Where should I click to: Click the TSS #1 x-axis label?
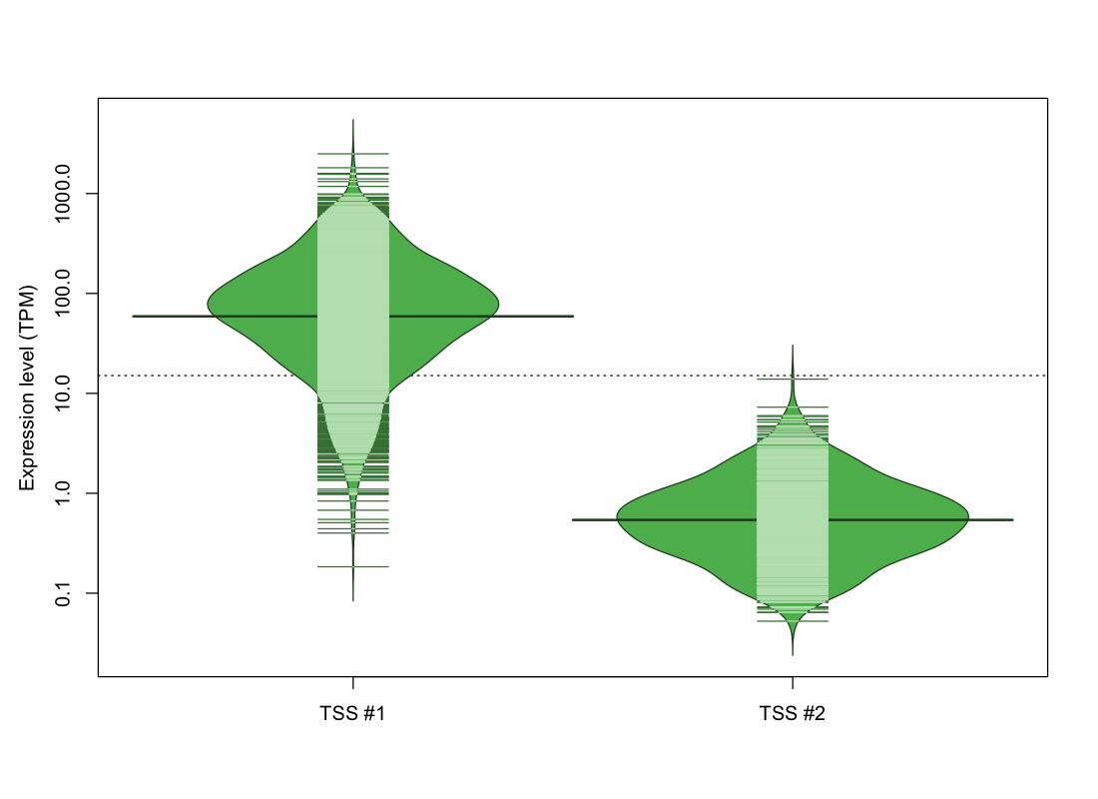(352, 713)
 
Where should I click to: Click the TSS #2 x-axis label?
(792, 713)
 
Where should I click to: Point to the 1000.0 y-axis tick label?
(62, 194)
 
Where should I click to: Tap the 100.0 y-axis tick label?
(62, 293)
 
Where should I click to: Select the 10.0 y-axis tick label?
(62, 394)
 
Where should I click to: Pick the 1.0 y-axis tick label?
(62, 493)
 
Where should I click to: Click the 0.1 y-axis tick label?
(62, 593)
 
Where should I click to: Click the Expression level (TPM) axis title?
(27, 388)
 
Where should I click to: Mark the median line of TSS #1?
(353, 316)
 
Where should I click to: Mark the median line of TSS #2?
(793, 520)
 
